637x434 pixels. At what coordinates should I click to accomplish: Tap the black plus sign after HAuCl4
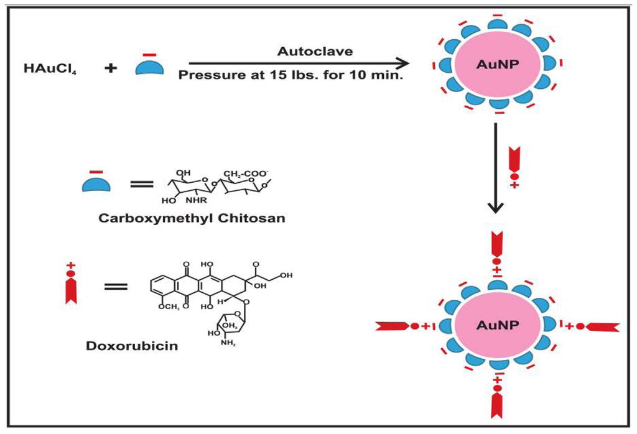110,68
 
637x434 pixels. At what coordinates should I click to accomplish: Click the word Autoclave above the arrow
315,51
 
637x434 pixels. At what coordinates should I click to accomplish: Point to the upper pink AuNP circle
496,64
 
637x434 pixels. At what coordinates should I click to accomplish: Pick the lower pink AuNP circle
496,325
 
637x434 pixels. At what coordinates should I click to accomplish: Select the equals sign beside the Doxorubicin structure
116,287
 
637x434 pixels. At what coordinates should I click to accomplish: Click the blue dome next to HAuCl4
150,67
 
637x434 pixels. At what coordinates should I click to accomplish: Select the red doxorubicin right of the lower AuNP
600,326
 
